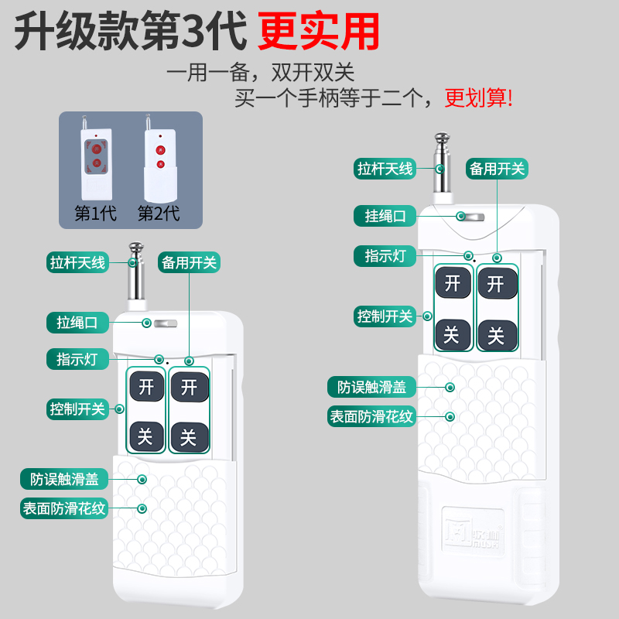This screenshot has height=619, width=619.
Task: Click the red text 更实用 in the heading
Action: click(318, 31)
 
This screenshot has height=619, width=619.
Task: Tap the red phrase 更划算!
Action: click(478, 98)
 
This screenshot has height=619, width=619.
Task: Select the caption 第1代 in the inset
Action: click(95, 213)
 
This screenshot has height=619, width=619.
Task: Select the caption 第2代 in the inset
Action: click(159, 213)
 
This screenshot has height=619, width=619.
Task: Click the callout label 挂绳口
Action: click(385, 216)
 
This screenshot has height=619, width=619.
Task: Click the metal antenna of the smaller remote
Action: click(135, 279)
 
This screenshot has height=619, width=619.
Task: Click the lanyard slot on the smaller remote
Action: click(166, 323)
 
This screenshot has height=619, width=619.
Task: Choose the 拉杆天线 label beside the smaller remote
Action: click(77, 262)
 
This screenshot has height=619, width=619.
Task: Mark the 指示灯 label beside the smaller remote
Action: click(79, 359)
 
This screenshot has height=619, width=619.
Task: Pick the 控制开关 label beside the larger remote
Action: click(385, 316)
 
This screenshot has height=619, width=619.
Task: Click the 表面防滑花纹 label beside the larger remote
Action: click(373, 416)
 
